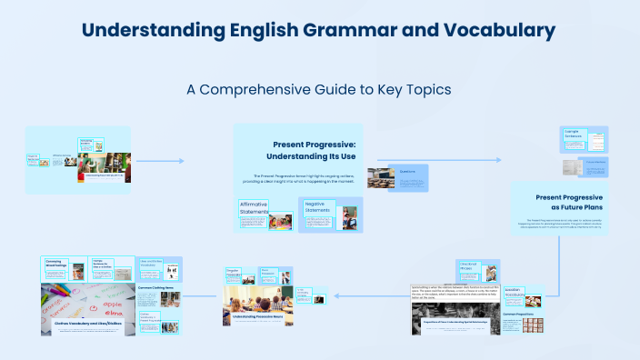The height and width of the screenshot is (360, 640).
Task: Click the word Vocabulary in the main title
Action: (x=498, y=29)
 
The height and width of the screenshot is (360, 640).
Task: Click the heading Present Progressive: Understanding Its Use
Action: (x=309, y=151)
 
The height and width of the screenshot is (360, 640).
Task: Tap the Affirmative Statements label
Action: (x=254, y=208)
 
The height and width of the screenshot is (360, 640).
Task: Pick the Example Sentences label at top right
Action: (x=574, y=134)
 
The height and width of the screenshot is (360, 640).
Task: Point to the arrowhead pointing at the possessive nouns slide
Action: (x=340, y=295)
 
